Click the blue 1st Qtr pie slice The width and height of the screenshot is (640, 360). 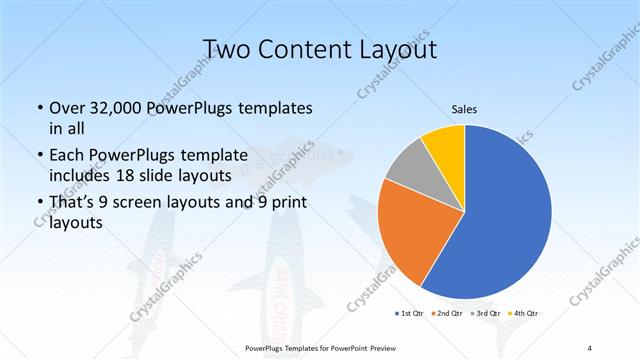[x=510, y=215]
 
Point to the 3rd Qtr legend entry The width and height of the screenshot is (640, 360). [x=485, y=314]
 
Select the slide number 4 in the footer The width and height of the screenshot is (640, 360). [x=590, y=347]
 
